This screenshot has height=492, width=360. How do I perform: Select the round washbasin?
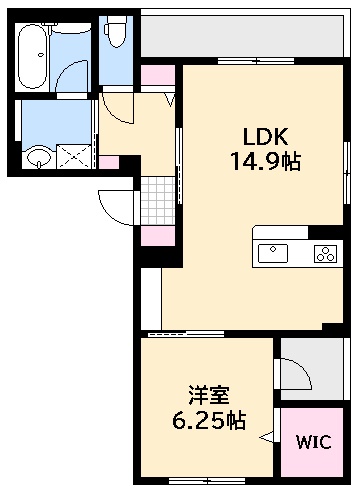pyautogui.click(x=39, y=156)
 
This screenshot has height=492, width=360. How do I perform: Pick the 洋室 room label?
pyautogui.click(x=204, y=394)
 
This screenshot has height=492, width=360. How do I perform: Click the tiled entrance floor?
pyautogui.click(x=155, y=200)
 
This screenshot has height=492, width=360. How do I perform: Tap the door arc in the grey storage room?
pyautogui.click(x=296, y=376)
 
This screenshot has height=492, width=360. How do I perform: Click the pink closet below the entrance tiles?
pyautogui.click(x=155, y=237)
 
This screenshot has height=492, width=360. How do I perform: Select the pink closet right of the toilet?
pyautogui.click(x=155, y=76)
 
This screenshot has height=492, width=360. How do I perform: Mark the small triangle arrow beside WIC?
pyautogui.click(x=267, y=437)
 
